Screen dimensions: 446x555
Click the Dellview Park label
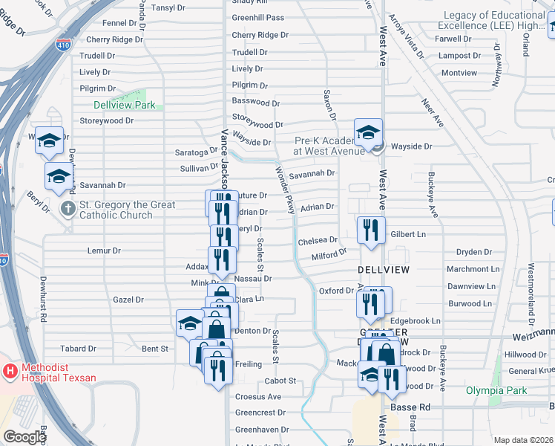coord(125,105)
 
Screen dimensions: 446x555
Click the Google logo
coord(24,436)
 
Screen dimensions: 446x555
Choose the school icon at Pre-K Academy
coord(368,134)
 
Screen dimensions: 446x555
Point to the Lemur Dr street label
coord(104,251)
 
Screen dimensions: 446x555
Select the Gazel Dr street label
coord(128,300)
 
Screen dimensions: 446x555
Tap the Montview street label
coord(459,73)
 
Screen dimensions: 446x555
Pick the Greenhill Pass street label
coord(257,17)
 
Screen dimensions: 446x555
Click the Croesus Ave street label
coord(258,397)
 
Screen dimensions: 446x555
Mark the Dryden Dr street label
coord(475,253)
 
